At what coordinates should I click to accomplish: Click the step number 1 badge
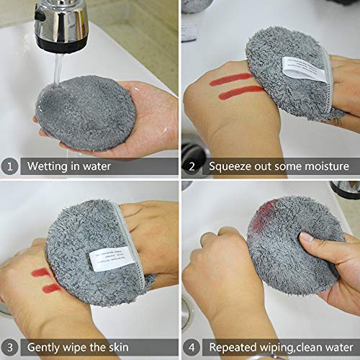pos(10,166)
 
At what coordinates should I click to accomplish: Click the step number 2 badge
pos(192,166)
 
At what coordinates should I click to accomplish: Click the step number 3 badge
pos(10,346)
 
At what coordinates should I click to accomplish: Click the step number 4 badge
pos(192,346)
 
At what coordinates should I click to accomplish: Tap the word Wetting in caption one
pos(48,166)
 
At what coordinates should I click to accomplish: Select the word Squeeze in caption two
pos(232,166)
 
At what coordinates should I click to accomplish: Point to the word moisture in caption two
pos(323,166)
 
